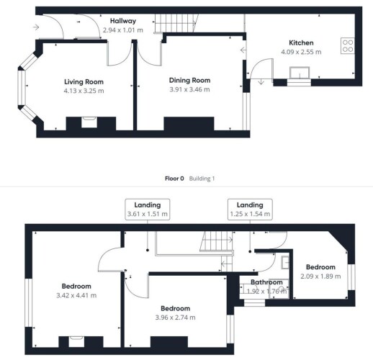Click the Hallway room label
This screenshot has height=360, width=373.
tap(123, 21)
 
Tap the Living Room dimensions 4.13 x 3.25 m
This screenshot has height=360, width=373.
tap(84, 91)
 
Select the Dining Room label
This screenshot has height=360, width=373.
tap(189, 81)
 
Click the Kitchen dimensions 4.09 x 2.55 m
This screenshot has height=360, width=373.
tap(301, 52)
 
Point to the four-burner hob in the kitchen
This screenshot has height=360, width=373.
tap(348, 46)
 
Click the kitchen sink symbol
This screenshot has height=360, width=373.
tap(300, 73)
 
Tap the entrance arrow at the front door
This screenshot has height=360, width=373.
tap(36, 27)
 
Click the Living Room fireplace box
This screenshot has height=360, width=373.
tap(89, 122)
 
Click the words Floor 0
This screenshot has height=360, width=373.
tap(174, 179)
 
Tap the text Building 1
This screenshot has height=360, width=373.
tap(202, 179)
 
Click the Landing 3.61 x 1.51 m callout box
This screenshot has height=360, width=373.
tap(148, 210)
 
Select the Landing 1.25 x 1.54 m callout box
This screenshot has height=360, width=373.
tap(250, 210)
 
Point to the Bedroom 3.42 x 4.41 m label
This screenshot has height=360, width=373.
tap(76, 287)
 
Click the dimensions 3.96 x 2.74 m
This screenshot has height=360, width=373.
tap(175, 318)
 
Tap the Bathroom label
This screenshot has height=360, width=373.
tap(266, 282)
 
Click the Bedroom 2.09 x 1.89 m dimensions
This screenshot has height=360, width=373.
tap(320, 276)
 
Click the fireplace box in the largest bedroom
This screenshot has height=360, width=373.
tap(76, 341)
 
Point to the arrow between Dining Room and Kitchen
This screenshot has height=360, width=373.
tap(243, 50)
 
